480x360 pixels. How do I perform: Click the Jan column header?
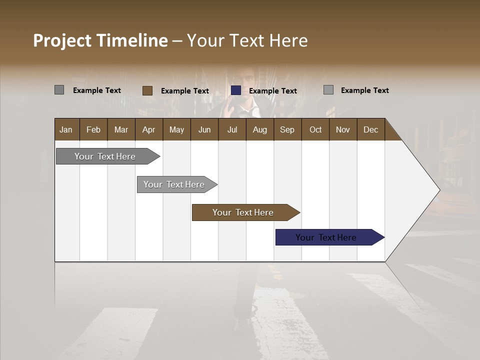pyautogui.click(x=66, y=129)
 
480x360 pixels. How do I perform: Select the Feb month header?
pyautogui.click(x=93, y=129)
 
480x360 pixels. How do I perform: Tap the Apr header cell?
pyautogui.click(x=148, y=129)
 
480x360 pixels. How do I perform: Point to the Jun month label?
pyautogui.click(x=204, y=129)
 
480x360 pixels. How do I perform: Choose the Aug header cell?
pyautogui.click(x=259, y=129)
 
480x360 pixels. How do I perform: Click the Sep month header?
pyautogui.click(x=287, y=129)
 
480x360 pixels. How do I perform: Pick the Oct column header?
pyautogui.click(x=315, y=129)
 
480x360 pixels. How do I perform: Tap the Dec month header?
pyautogui.click(x=370, y=129)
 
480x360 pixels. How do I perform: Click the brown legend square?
pyautogui.click(x=147, y=90)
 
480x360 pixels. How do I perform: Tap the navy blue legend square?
pyautogui.click(x=236, y=90)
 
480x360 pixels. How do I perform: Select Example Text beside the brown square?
pyautogui.click(x=185, y=91)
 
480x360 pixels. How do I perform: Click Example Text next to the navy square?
pyautogui.click(x=273, y=91)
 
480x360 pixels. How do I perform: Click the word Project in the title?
pyautogui.click(x=63, y=40)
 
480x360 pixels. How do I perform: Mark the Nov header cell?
pyautogui.click(x=343, y=129)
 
